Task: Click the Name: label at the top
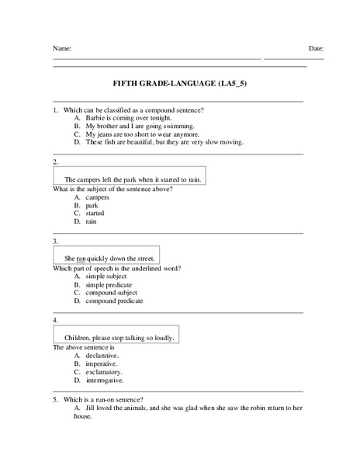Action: (62, 48)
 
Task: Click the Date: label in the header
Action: (316, 48)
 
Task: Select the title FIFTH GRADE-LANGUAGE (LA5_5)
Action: (180, 82)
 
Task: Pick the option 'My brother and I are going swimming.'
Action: (140, 126)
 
